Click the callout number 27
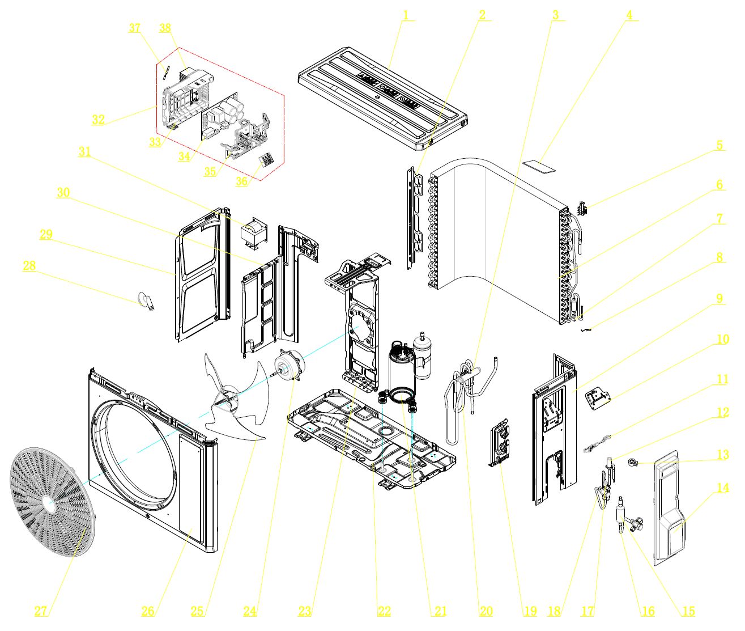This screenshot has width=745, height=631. point(41,611)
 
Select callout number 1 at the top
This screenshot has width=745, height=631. point(406,15)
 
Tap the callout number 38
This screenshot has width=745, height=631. point(165,28)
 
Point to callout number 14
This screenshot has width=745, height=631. point(722,488)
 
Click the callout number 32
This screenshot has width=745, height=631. point(98,119)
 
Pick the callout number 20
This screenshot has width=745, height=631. point(486,611)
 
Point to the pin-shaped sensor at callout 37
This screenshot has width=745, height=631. point(165,71)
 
